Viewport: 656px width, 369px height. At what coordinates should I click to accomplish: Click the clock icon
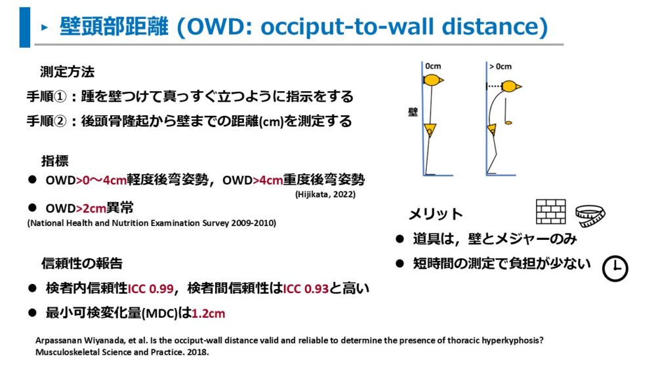[615, 268]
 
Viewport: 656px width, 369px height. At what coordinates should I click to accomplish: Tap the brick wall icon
[551, 212]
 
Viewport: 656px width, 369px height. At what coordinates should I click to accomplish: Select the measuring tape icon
[590, 216]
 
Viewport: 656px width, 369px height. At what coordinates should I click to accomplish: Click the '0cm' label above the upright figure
[433, 66]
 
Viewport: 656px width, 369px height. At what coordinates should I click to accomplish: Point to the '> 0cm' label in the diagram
[501, 66]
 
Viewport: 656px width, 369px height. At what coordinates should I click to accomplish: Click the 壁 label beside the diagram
[413, 111]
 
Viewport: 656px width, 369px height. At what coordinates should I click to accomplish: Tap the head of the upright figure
[433, 80]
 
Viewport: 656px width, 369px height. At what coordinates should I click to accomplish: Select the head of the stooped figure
[511, 87]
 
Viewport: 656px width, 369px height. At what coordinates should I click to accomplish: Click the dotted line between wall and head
[495, 87]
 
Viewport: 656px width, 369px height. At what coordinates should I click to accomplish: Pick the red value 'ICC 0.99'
[151, 289]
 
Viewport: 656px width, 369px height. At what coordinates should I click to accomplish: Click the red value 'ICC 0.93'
[306, 289]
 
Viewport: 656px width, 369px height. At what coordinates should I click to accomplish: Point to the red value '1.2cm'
[209, 313]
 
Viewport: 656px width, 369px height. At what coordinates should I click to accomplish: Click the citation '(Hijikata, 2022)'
[325, 194]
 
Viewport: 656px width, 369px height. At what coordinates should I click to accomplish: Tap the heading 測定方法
[68, 72]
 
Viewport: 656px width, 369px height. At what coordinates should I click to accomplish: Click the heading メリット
[436, 214]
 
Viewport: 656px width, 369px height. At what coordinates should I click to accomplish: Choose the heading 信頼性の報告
[81, 263]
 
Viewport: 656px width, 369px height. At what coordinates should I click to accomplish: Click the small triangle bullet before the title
[45, 28]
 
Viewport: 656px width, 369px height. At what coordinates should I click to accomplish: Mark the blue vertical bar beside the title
[25, 27]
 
